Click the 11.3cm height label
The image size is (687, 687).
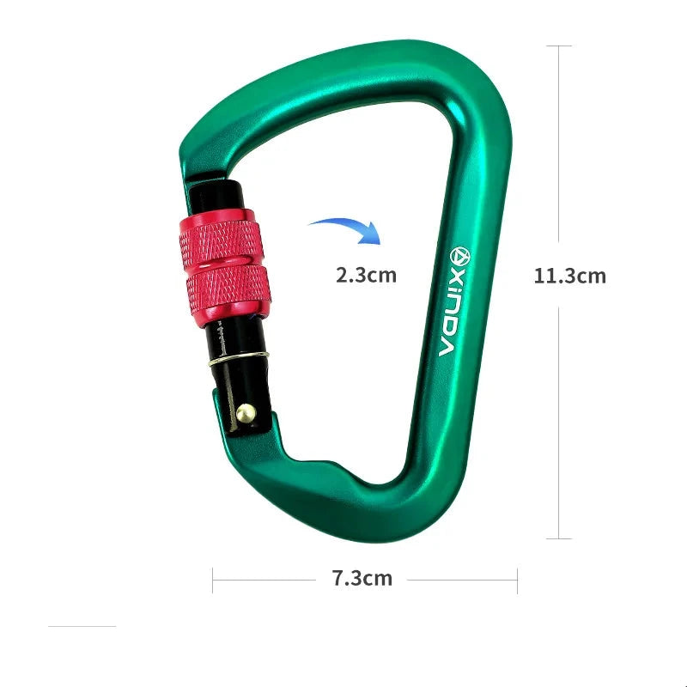click(x=569, y=276)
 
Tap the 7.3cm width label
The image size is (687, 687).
click(x=362, y=578)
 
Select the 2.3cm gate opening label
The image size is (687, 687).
click(x=367, y=276)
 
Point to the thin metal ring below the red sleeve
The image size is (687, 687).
click(x=238, y=358)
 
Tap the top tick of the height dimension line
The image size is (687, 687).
click(x=559, y=46)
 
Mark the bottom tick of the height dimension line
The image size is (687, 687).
click(x=559, y=538)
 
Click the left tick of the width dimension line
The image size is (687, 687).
click(x=213, y=580)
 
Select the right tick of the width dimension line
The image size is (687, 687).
click(x=517, y=580)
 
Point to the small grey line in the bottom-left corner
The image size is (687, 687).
click(x=82, y=627)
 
